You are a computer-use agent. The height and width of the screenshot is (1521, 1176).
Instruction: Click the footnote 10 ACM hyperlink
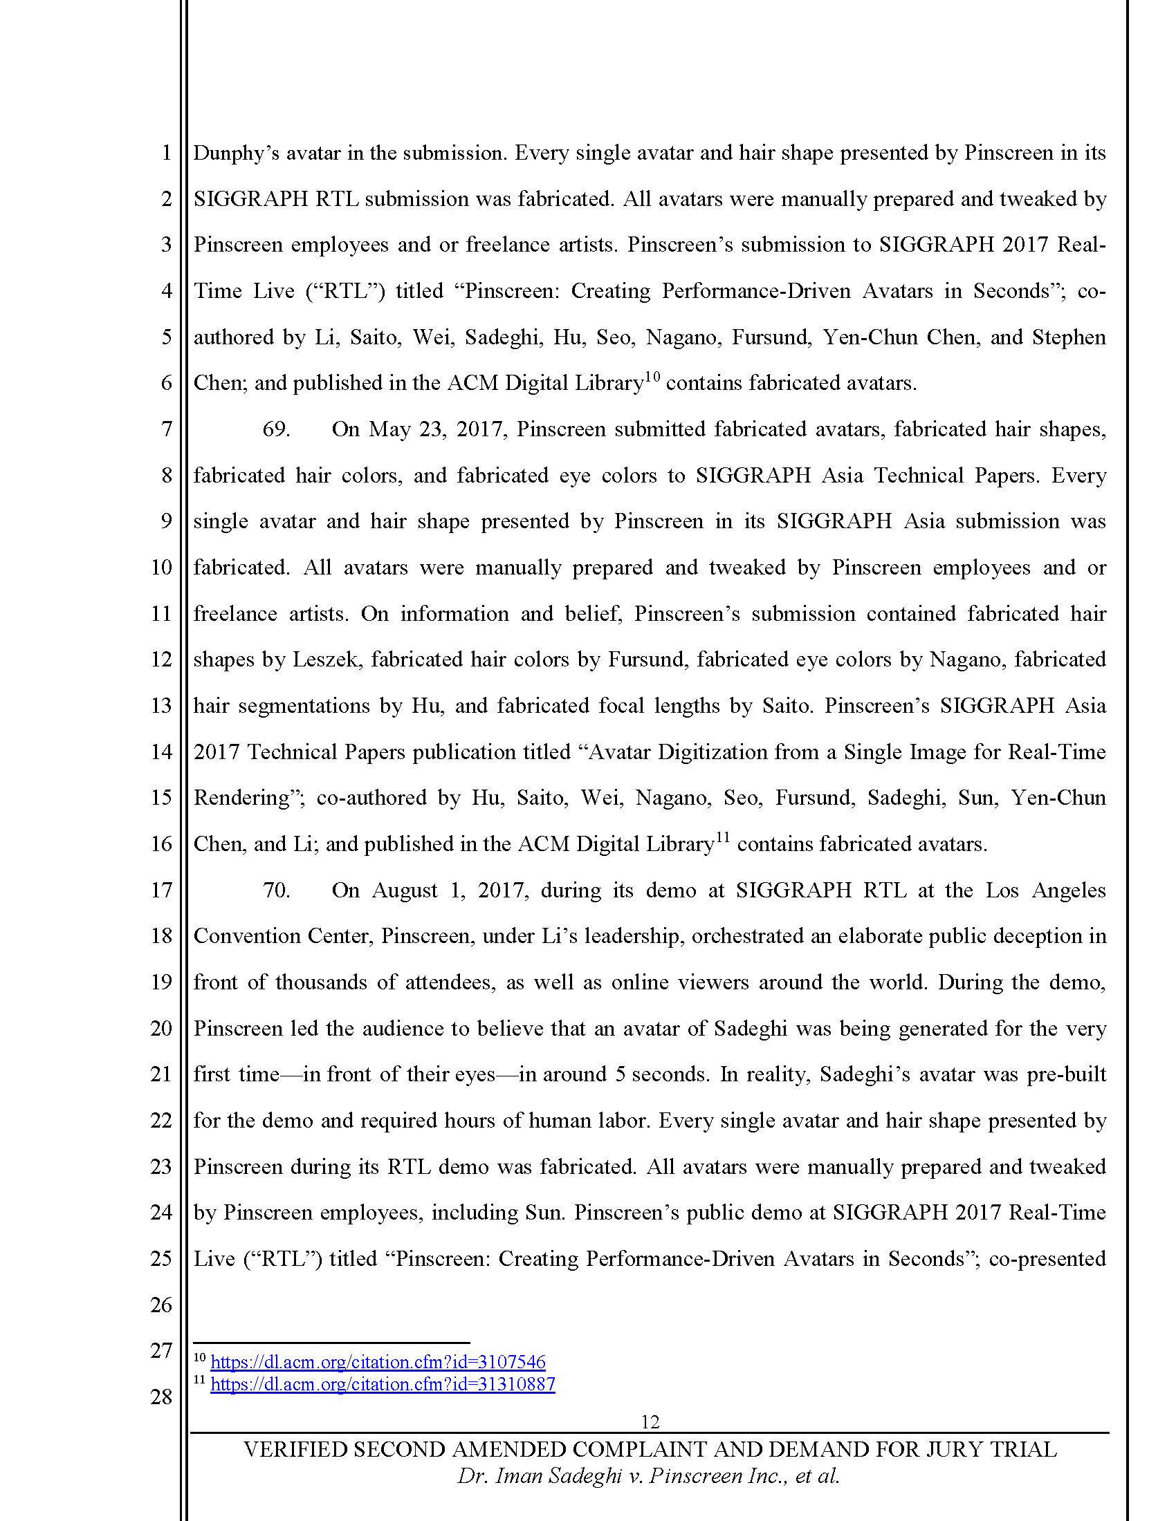click(x=378, y=1361)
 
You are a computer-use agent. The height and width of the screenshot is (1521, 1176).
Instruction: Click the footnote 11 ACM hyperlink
click(x=383, y=1384)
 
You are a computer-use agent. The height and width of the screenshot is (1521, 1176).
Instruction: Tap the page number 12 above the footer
click(x=650, y=1421)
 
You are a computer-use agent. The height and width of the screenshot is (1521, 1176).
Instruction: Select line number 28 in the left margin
click(x=161, y=1397)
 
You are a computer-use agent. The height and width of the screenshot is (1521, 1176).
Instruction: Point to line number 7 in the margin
click(x=167, y=429)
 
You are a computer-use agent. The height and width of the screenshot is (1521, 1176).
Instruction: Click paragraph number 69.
click(x=276, y=429)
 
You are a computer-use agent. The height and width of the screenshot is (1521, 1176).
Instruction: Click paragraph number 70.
click(x=276, y=890)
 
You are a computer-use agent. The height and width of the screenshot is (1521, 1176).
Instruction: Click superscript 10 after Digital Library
click(x=652, y=377)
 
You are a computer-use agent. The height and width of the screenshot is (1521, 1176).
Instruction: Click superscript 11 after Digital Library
click(x=722, y=838)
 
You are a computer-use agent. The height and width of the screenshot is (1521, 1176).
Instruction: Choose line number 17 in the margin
click(x=161, y=890)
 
